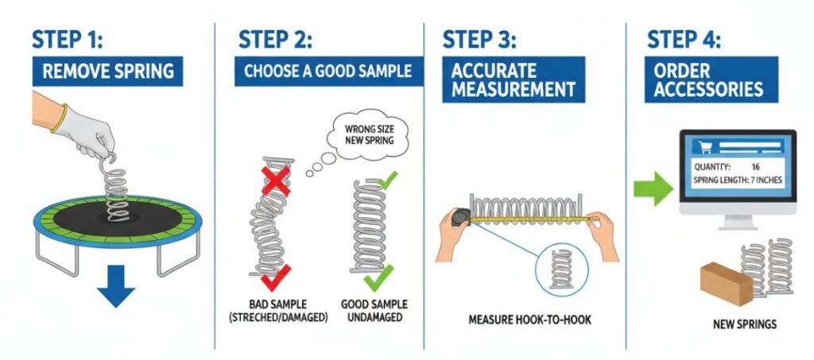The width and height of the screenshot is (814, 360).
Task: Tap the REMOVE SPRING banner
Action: (x=108, y=71)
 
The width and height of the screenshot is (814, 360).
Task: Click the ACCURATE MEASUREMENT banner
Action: (x=512, y=79)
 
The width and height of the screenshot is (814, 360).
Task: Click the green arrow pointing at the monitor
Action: (x=653, y=190)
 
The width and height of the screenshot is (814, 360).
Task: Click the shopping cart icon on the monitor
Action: (x=704, y=146)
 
